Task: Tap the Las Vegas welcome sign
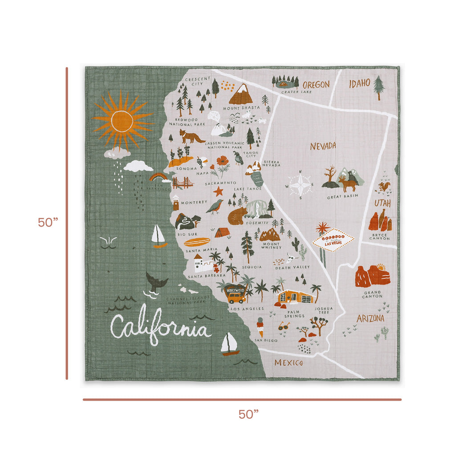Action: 333,240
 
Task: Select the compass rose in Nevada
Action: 301,184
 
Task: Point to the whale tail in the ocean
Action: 156,282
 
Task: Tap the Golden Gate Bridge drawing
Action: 183,183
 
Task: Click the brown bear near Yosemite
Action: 237,215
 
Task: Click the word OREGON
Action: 316,85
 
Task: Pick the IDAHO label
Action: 359,83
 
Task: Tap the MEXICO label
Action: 288,363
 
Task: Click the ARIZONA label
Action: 370,319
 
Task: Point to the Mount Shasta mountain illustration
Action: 241,94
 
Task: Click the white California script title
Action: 160,329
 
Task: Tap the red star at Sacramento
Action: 218,191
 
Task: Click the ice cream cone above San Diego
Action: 260,328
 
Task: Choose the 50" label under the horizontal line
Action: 248,414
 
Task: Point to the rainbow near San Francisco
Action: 158,177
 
